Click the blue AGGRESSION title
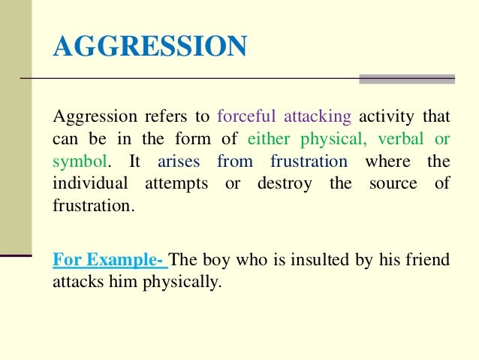click(149, 47)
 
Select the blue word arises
click(179, 162)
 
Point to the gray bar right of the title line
click(406, 79)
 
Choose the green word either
click(270, 140)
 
